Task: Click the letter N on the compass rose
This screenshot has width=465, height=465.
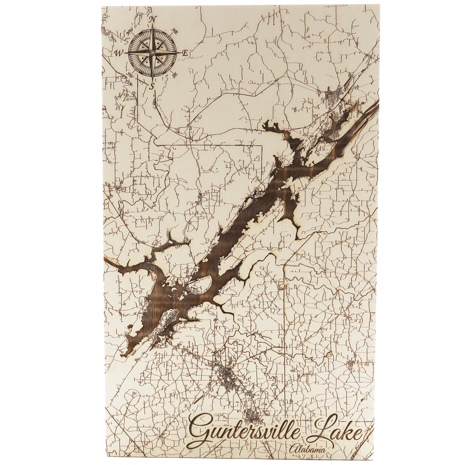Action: click(152, 19)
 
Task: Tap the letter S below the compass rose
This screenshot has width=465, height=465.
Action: click(152, 86)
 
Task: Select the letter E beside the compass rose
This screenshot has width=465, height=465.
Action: click(185, 53)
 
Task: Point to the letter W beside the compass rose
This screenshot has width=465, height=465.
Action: click(119, 53)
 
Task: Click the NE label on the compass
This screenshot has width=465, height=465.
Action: click(174, 31)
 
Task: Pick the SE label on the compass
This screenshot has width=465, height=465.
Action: click(174, 75)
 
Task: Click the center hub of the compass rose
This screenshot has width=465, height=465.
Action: click(152, 53)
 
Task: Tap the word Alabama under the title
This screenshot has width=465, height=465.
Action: click(307, 449)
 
